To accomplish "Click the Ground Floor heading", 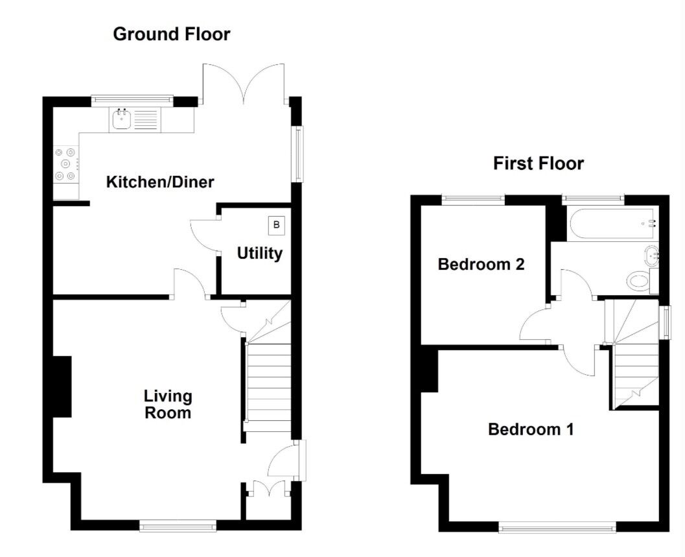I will pyautogui.click(x=171, y=34).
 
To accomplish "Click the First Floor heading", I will pyautogui.click(x=538, y=163).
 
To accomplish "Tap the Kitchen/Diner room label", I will pyautogui.click(x=159, y=182).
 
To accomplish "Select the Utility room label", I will pyautogui.click(x=259, y=253).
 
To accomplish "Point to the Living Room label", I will pyautogui.click(x=168, y=404).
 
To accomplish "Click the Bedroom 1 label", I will pyautogui.click(x=530, y=429).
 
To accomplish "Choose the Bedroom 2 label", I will pyautogui.click(x=480, y=265).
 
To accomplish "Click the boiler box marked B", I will pyautogui.click(x=277, y=225).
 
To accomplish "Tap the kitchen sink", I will pyautogui.click(x=121, y=120).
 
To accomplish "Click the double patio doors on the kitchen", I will pyautogui.click(x=244, y=84).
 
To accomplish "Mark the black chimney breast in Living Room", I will pyautogui.click(x=62, y=386).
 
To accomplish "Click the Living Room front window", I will pyautogui.click(x=178, y=526).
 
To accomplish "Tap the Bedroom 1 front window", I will pyautogui.click(x=557, y=528).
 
